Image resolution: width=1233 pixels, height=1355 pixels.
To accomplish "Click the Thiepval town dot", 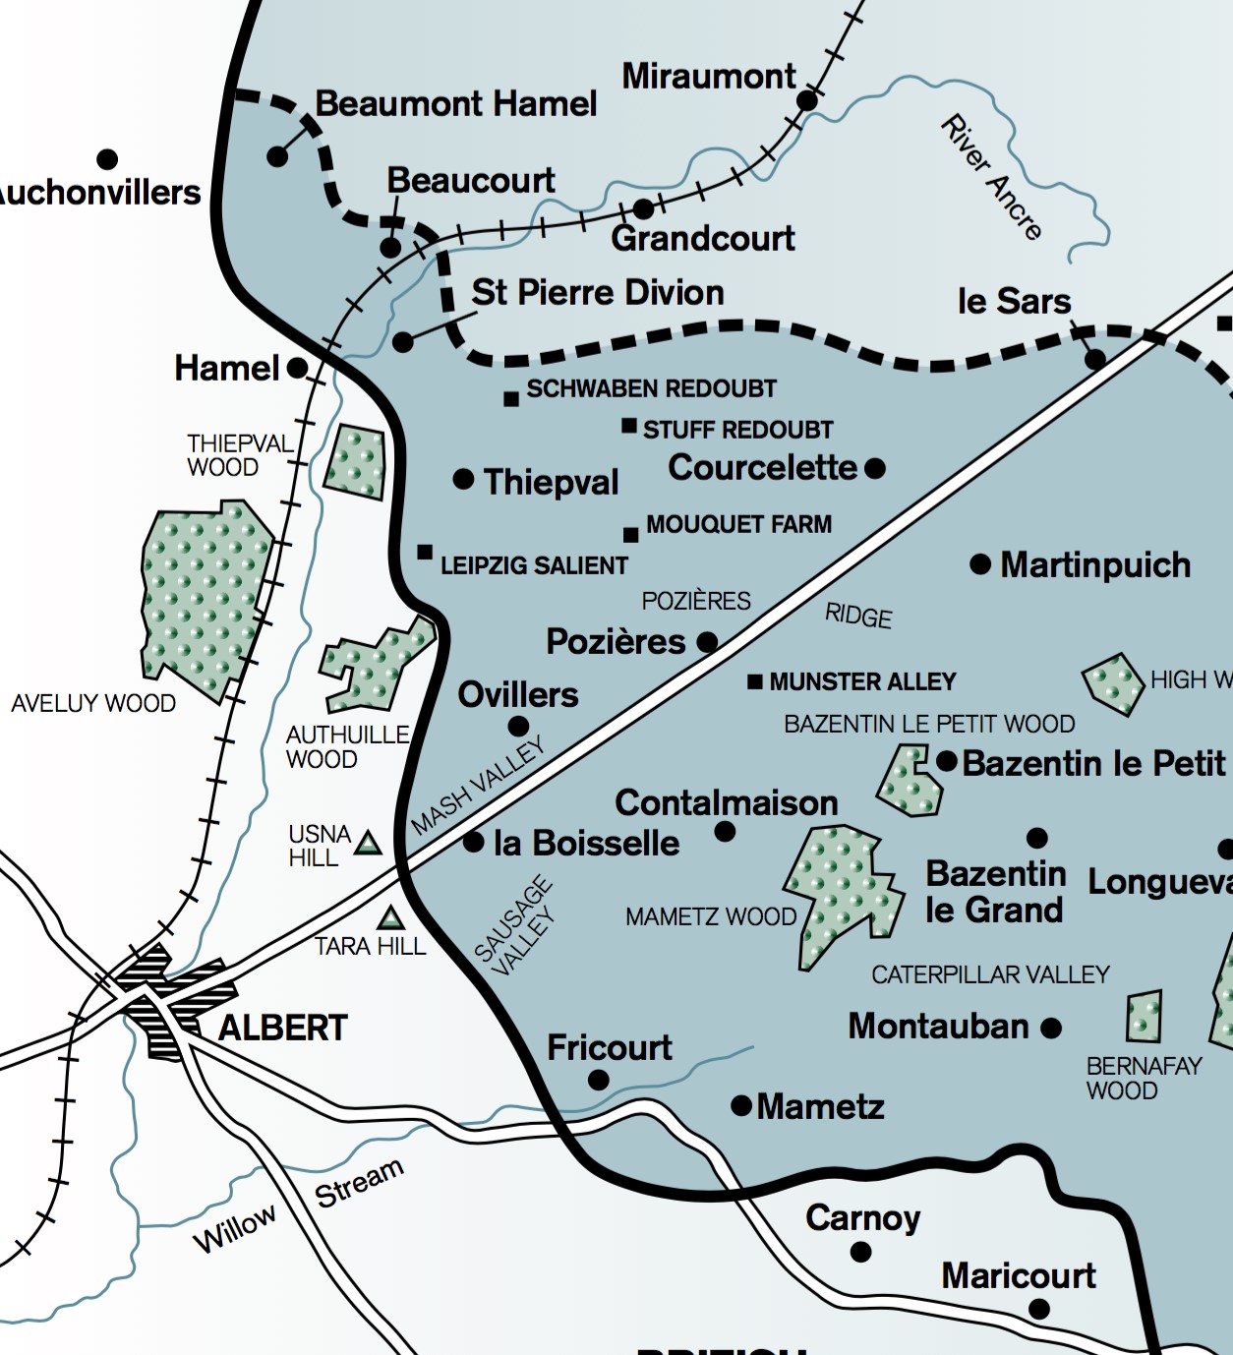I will [x=463, y=479].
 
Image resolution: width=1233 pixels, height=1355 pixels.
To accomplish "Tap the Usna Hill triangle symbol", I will [x=368, y=844].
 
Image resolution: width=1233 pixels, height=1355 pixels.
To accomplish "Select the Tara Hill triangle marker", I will [x=391, y=919].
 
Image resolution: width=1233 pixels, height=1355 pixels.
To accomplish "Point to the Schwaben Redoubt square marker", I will [x=511, y=399].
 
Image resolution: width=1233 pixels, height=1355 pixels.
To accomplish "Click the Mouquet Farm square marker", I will [x=631, y=535].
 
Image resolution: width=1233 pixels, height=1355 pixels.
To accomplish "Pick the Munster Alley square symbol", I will [x=755, y=681].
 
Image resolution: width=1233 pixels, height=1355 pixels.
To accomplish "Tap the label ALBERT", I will [x=282, y=1029].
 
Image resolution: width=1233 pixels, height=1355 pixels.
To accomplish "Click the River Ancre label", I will [x=991, y=178].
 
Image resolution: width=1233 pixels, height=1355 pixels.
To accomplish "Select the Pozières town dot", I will [x=706, y=642].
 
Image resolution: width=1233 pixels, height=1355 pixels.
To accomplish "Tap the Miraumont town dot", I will [x=807, y=100].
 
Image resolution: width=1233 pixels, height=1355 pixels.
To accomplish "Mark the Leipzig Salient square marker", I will [x=425, y=552].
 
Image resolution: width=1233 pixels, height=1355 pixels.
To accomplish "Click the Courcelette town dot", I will [x=875, y=468].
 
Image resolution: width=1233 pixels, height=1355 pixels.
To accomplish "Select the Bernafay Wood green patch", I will [x=1144, y=1017].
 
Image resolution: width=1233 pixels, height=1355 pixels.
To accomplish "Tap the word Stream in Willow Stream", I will [x=359, y=1183].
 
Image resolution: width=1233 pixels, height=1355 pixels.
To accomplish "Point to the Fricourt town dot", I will [x=598, y=1080].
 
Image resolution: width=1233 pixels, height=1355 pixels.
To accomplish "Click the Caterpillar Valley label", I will [x=990, y=974].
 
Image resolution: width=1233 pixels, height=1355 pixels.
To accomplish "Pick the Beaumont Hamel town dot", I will [x=278, y=156].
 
